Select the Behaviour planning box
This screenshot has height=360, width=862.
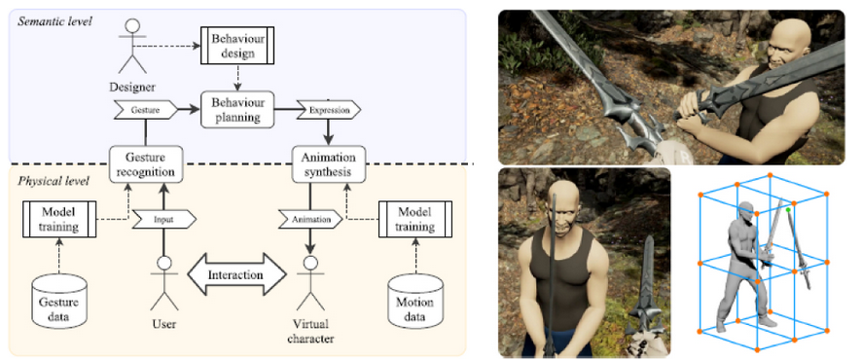[x=237, y=109]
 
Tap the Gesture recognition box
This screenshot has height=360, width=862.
[x=146, y=164]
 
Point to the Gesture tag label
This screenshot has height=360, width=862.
[x=146, y=109]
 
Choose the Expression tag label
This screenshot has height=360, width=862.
[x=329, y=110]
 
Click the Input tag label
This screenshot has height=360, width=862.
[x=163, y=219]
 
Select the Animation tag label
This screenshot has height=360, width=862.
[x=310, y=219]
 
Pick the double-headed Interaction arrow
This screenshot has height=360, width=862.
[x=237, y=273]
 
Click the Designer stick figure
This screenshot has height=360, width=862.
[x=132, y=48]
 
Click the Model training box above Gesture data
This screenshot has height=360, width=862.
[x=59, y=219]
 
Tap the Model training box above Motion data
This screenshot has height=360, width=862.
[x=415, y=219]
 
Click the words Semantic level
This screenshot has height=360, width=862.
[x=54, y=21]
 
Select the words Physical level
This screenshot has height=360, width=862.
[x=53, y=181]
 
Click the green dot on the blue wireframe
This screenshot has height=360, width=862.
[x=788, y=210]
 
